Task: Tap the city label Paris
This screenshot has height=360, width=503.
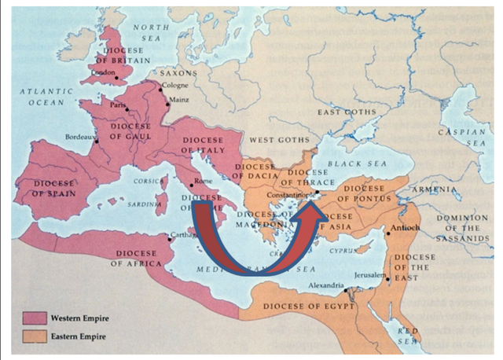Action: click(x=118, y=105)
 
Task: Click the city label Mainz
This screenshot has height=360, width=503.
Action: click(x=180, y=101)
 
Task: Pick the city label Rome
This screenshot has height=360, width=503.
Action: click(x=203, y=182)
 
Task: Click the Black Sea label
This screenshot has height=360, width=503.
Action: click(x=353, y=163)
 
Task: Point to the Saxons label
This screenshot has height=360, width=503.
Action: click(x=178, y=72)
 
